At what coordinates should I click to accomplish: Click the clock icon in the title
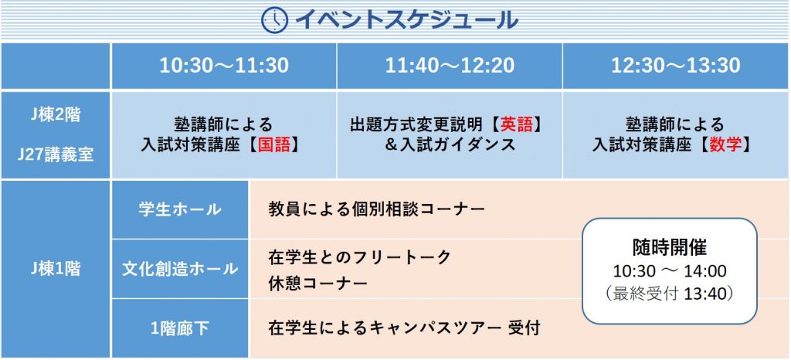pyautogui.click(x=274, y=20)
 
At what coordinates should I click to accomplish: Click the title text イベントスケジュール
pyautogui.click(x=406, y=20)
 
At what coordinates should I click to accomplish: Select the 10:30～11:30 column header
pyautogui.click(x=224, y=66)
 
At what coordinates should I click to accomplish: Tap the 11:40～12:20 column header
pyautogui.click(x=450, y=66)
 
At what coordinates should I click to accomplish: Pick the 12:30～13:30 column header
pyautogui.click(x=676, y=66)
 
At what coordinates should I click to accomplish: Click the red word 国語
pyautogui.click(x=274, y=145)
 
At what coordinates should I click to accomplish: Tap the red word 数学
pyautogui.click(x=725, y=145)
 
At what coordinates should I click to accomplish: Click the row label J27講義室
pyautogui.click(x=55, y=155)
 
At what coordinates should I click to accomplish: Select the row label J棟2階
pyautogui.click(x=55, y=115)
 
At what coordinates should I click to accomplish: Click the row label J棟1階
pyautogui.click(x=55, y=270)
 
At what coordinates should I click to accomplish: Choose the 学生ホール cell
pyautogui.click(x=180, y=209)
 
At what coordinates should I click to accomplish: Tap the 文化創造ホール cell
pyautogui.click(x=180, y=269)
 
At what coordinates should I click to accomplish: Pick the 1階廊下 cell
pyautogui.click(x=180, y=329)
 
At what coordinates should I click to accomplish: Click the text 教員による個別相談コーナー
pyautogui.click(x=377, y=209)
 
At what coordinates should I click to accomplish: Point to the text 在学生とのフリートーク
pyautogui.click(x=360, y=257)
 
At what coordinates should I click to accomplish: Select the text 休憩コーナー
pyautogui.click(x=317, y=284)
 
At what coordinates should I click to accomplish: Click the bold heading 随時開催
pyautogui.click(x=670, y=247)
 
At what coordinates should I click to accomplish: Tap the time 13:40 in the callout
pyautogui.click(x=704, y=294)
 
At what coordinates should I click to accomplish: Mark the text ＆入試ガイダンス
pyautogui.click(x=450, y=145)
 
